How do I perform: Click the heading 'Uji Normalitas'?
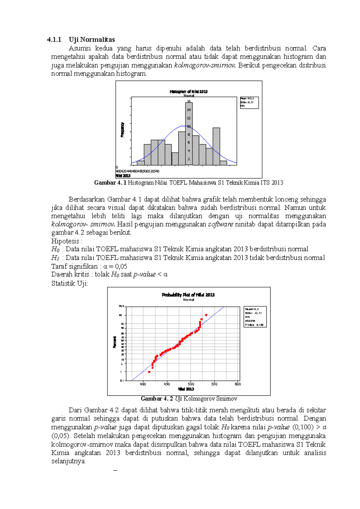[91, 40]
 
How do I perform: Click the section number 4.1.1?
[54, 40]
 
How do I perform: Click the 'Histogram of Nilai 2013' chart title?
[188, 91]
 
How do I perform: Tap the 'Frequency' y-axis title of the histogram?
[122, 129]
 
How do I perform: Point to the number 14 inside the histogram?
[189, 110]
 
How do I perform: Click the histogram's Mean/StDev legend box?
[249, 103]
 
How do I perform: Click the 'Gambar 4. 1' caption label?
[110, 183]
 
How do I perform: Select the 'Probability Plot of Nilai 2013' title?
[188, 295]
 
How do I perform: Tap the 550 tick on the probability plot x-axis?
[214, 384]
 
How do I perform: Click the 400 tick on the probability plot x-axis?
[143, 384]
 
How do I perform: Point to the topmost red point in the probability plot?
[206, 315]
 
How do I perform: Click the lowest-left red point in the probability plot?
[149, 372]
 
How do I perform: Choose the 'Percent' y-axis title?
[115, 342]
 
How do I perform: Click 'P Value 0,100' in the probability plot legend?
[254, 325]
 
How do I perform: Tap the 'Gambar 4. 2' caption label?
[157, 399]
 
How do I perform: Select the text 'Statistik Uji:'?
[70, 283]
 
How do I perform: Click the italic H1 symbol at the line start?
[55, 258]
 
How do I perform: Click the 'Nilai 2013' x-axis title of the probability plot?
[186, 389]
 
